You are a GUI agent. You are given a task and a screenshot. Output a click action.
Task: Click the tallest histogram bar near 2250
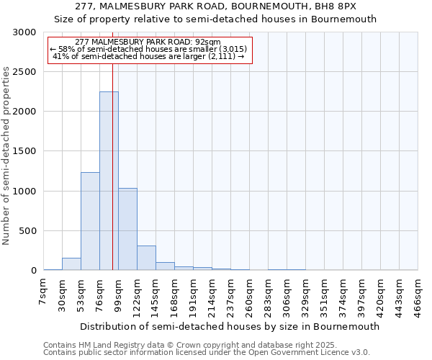pos(109,181)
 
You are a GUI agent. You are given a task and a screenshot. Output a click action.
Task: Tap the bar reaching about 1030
pos(127,229)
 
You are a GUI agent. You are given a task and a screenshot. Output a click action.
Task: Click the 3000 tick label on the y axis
pos(24,32)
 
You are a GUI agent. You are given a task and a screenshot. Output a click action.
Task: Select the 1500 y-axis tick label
pos(24,152)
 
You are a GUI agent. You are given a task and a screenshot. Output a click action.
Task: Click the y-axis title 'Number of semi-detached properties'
pos(7,156)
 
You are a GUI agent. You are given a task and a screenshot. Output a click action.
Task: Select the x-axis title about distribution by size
pos(230,326)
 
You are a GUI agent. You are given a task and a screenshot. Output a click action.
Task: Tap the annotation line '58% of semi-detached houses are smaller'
pos(149,49)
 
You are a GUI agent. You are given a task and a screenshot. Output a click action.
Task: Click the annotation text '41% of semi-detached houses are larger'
pos(149,56)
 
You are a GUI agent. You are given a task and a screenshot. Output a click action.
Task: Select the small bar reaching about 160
pos(71,264)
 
